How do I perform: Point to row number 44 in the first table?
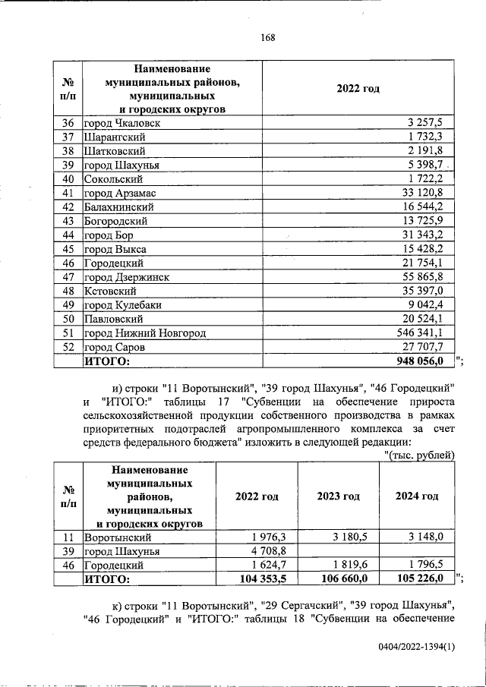tap(67, 235)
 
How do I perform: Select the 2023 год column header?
tap(338, 496)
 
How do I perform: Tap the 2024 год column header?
tap(417, 496)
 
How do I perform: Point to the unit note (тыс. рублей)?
tap(418, 455)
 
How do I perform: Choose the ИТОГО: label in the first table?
tap(106, 361)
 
